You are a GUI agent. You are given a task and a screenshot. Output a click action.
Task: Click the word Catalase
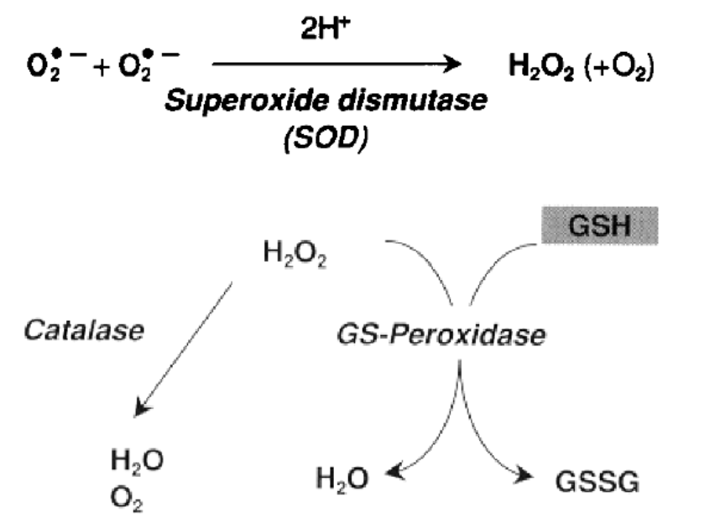tap(84, 329)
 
